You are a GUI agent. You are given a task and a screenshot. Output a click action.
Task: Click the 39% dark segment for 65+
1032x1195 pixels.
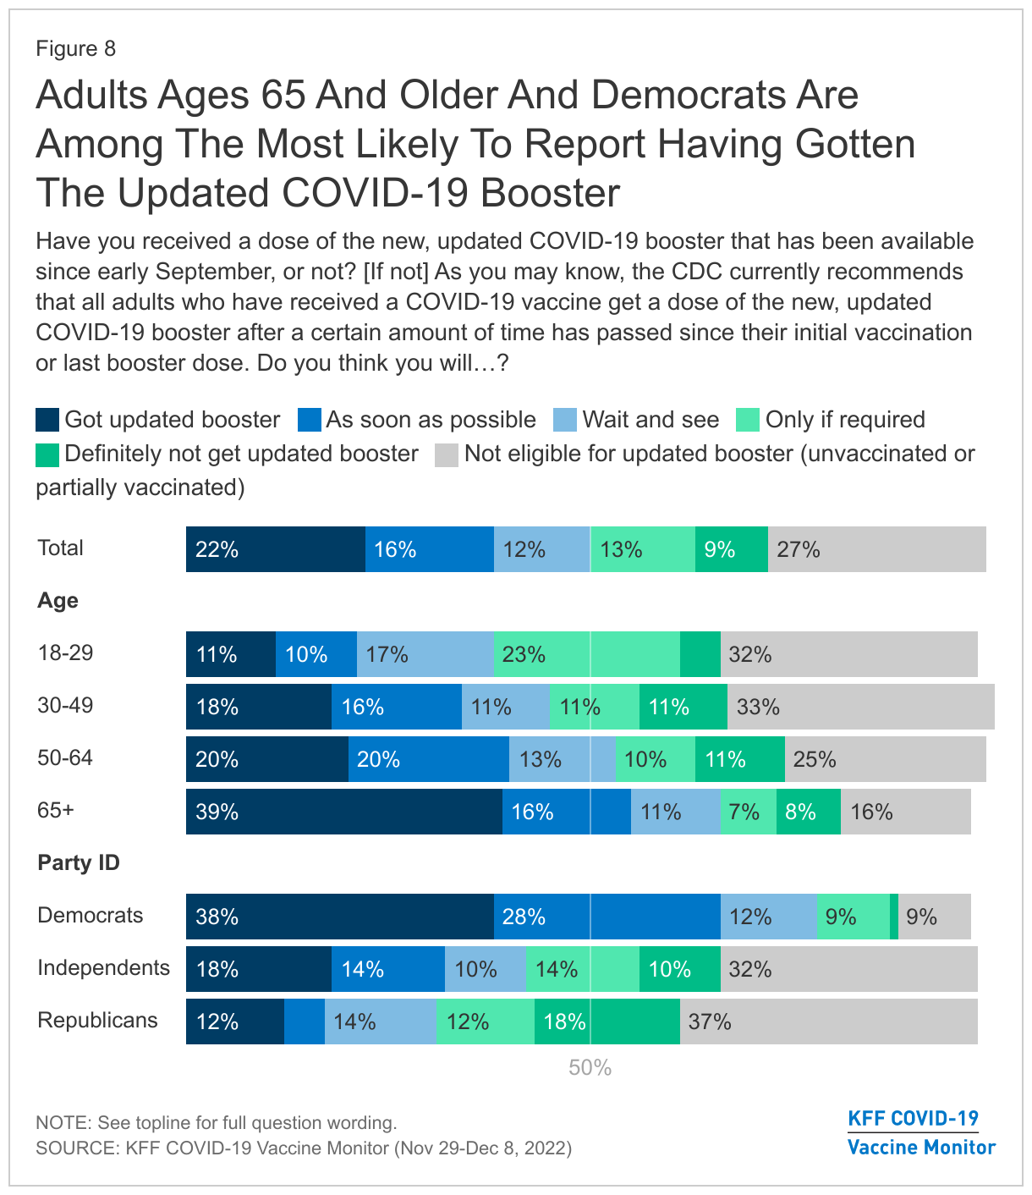[x=343, y=812]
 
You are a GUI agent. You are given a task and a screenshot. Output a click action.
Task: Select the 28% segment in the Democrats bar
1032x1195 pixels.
[x=607, y=917]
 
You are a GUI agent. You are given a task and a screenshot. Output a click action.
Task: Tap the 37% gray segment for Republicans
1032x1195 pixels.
[x=828, y=1022]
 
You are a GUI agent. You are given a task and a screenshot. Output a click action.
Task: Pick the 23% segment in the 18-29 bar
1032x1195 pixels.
[x=586, y=654]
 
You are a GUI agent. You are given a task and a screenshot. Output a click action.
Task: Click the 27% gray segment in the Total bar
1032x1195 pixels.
[x=876, y=549]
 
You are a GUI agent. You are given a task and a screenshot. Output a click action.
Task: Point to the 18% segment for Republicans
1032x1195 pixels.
[x=607, y=1022]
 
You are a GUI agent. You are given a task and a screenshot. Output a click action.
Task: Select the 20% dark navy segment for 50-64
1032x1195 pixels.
[x=266, y=759]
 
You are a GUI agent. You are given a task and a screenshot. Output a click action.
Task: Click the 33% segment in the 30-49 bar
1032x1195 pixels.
[x=860, y=707]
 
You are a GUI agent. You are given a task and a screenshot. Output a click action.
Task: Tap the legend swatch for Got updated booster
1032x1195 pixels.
[x=47, y=420]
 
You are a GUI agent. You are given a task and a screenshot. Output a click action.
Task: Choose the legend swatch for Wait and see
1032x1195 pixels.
[x=565, y=420]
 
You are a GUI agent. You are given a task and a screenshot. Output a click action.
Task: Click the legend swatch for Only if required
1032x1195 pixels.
[x=748, y=420]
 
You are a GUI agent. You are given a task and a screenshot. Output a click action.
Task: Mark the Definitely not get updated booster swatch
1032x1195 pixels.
[x=47, y=454]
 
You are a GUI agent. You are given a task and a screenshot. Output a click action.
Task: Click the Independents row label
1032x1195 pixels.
[x=103, y=967]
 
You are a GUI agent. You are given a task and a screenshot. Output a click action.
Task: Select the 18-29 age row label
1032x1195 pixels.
[x=65, y=653]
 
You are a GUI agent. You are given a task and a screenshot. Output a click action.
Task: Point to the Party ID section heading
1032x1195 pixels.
[x=79, y=862]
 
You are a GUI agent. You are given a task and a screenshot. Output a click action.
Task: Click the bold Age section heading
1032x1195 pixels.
[x=58, y=600]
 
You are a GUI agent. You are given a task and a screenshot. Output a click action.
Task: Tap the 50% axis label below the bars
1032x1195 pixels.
[x=590, y=1068]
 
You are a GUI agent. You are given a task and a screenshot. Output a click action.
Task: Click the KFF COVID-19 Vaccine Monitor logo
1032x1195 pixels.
[x=921, y=1133]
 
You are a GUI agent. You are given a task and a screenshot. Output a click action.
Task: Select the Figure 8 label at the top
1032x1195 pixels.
[x=75, y=48]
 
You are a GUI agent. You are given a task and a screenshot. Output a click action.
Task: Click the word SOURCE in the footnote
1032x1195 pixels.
[x=74, y=1148]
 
